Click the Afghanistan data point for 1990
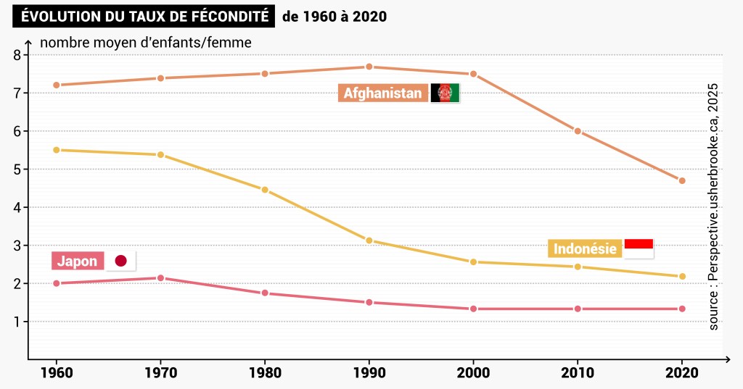pos(369,67)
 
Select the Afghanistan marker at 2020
pos(682,180)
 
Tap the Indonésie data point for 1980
pos(265,190)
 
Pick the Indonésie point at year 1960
pos(56,150)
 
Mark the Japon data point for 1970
pos(160,278)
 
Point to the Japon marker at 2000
pos(474,309)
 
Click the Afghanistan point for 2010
pos(578,131)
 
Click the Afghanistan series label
pos(382,93)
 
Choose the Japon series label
pos(77,262)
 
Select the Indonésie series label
pos(585,249)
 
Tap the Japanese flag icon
pos(121,261)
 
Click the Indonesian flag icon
pos(639,248)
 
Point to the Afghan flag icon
pos(446,93)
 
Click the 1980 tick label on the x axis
pos(265,373)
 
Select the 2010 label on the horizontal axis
pos(578,373)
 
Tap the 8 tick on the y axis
pos(17,55)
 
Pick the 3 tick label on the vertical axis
pos(17,246)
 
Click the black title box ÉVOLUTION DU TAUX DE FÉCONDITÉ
pos(143,16)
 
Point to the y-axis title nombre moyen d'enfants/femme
pos(146,42)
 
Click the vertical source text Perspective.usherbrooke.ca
pos(714,207)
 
